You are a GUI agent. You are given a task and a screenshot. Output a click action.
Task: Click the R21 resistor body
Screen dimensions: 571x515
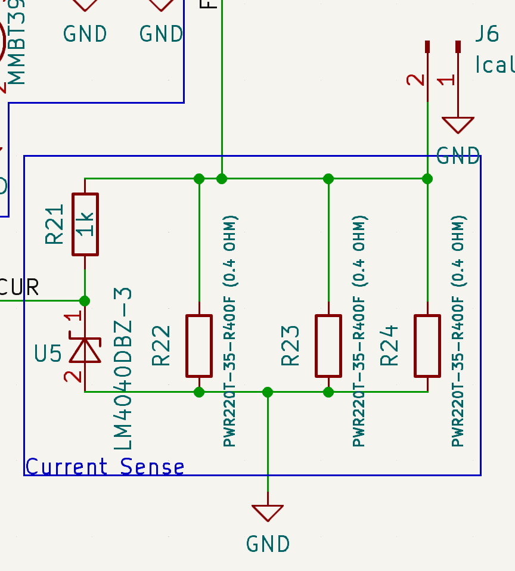[x=85, y=224]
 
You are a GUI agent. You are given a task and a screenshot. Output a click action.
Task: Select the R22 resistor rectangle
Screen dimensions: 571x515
[x=199, y=346]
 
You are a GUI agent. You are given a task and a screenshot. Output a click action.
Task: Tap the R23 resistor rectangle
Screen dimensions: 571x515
[x=328, y=346]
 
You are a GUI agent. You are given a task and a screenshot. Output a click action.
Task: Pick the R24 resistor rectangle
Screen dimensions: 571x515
[x=427, y=346]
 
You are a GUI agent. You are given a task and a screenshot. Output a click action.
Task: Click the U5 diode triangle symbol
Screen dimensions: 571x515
[x=85, y=350]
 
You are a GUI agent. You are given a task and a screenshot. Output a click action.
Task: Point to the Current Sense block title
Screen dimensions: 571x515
[x=105, y=466]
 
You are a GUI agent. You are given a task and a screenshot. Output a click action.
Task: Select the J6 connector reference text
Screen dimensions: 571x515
[x=487, y=34]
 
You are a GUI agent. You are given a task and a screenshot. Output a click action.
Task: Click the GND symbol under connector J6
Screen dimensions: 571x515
[x=458, y=126]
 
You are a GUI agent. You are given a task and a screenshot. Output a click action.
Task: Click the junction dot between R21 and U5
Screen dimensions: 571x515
[x=85, y=300]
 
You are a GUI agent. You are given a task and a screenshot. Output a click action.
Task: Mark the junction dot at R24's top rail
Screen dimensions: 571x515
[x=427, y=178]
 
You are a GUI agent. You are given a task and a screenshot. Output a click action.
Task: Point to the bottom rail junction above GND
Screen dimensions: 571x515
[x=268, y=392]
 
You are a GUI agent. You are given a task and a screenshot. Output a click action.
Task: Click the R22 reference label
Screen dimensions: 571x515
[x=162, y=345]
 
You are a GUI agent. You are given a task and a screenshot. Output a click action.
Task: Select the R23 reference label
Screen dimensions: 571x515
[x=290, y=345]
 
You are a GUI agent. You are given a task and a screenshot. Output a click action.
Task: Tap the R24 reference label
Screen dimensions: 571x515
[x=389, y=345]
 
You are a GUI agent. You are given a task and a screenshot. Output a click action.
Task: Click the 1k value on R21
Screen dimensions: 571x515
[x=86, y=224]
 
